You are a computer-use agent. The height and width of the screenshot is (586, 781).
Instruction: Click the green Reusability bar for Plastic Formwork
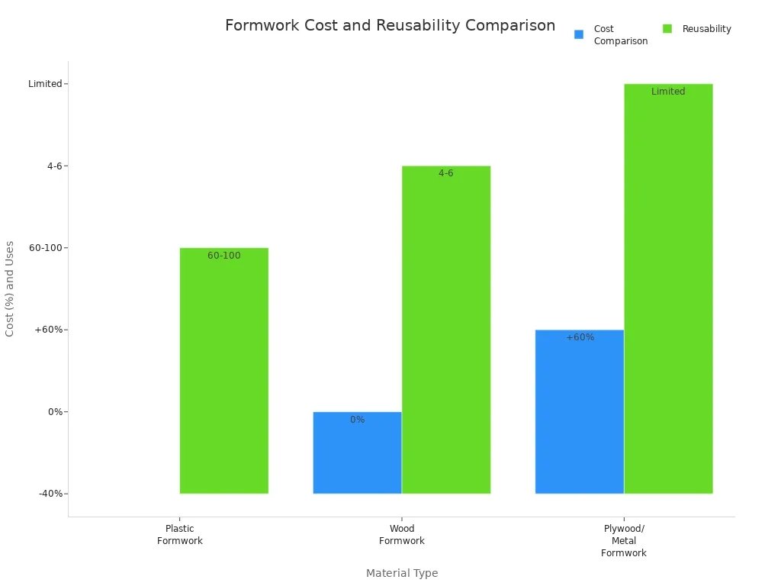[224, 371]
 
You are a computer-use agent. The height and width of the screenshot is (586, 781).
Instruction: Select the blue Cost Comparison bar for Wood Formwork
[357, 453]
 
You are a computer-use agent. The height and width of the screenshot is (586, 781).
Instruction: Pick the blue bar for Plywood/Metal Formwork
[580, 412]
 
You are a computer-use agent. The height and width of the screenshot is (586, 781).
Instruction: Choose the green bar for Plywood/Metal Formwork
[668, 288]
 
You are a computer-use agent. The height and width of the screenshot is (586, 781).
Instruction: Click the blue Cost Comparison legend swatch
[579, 34]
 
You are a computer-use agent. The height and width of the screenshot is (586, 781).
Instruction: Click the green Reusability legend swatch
[667, 29]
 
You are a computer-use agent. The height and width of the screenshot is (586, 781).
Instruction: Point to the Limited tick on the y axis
[46, 84]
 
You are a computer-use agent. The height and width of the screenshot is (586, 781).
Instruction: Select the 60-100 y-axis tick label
[48, 248]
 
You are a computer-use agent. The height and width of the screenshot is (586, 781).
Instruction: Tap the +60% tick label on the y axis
[50, 330]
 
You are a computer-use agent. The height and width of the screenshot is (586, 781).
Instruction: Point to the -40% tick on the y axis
[51, 494]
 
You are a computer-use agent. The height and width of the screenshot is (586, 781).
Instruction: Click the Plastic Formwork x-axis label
[180, 535]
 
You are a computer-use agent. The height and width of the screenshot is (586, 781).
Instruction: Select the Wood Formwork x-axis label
[402, 535]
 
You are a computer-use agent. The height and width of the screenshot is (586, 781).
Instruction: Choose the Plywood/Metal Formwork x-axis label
[624, 541]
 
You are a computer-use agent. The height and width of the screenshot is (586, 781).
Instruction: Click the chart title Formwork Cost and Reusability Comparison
[390, 26]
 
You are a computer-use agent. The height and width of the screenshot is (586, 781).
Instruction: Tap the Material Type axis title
[402, 573]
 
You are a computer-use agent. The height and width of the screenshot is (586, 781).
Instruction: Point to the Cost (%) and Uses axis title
[10, 288]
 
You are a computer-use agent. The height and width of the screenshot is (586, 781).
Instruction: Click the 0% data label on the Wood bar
[357, 420]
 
